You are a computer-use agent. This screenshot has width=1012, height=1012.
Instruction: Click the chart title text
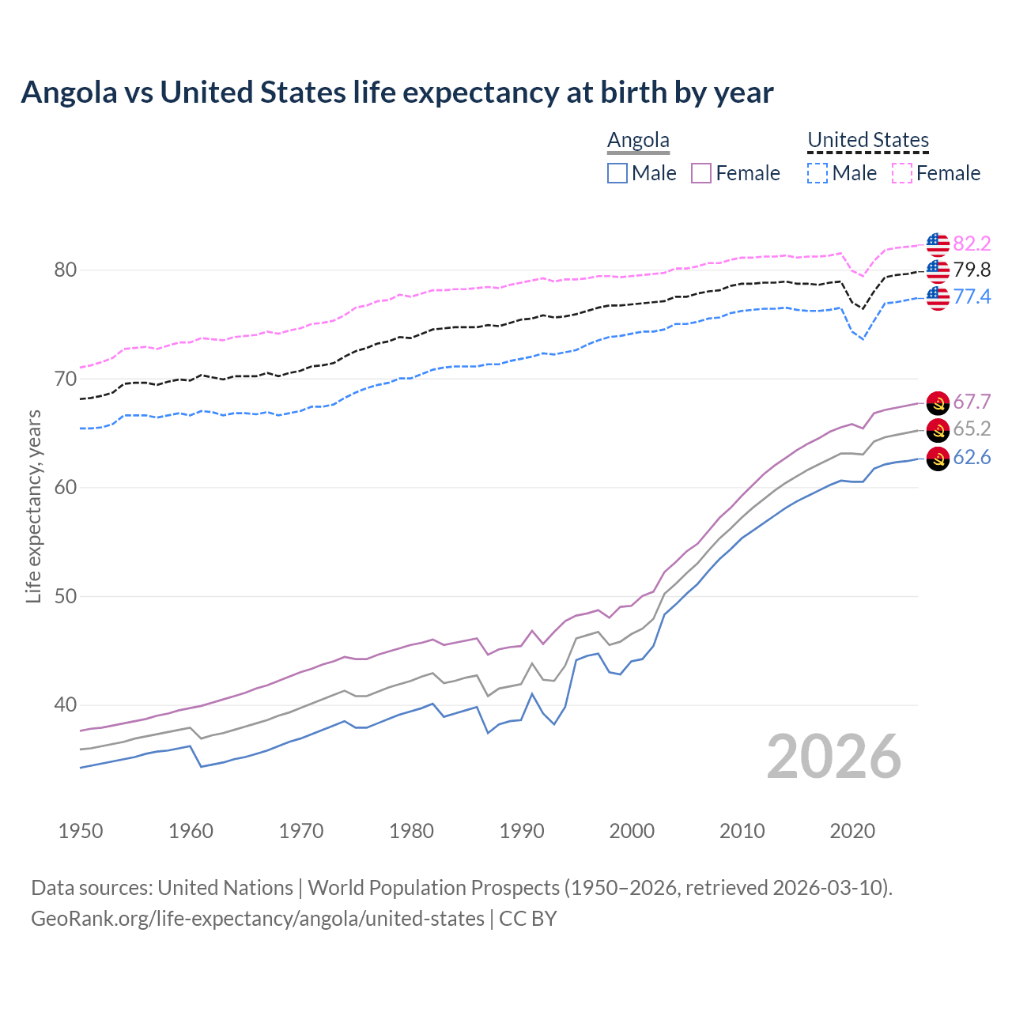(397, 93)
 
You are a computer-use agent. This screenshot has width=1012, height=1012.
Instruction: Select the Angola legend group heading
(638, 140)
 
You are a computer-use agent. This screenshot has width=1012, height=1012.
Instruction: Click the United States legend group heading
(867, 140)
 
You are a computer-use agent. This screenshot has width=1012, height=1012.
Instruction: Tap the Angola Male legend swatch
(617, 173)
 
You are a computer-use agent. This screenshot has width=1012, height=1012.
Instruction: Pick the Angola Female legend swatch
(701, 173)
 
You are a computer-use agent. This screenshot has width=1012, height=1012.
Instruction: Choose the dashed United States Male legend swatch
(818, 173)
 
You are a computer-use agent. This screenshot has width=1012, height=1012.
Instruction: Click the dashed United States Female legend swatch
(902, 173)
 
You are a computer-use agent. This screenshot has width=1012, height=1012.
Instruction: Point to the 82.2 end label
(972, 244)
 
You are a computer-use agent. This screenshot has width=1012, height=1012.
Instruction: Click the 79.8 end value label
(972, 270)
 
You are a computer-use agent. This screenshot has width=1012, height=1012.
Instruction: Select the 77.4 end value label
(972, 296)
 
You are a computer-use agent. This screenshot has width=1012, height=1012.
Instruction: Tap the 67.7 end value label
(972, 402)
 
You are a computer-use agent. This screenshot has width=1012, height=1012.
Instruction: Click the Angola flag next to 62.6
(938, 459)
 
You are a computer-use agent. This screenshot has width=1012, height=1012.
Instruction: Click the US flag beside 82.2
(938, 244)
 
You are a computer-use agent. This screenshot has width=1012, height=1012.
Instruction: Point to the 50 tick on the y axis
(66, 596)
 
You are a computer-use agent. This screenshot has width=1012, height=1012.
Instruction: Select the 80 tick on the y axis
(66, 270)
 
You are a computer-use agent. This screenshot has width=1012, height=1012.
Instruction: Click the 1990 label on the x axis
(522, 831)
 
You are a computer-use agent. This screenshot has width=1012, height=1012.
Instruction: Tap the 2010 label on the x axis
(742, 831)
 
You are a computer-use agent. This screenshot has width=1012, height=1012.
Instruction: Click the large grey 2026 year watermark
(834, 757)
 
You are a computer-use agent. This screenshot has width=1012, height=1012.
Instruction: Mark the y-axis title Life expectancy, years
(33, 506)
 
